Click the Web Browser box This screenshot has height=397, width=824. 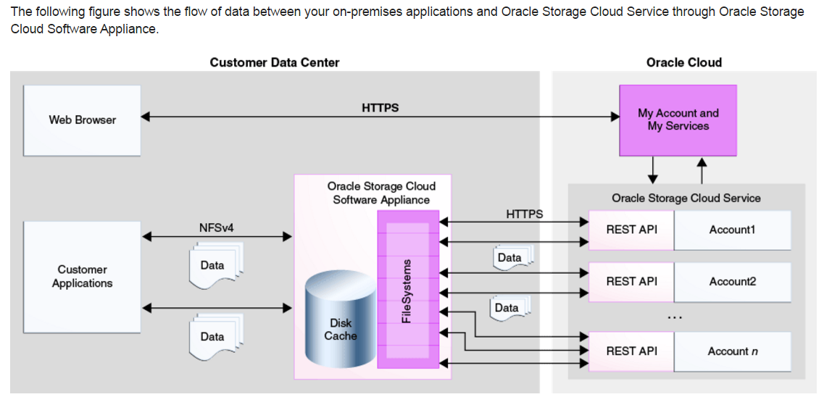coord(82,120)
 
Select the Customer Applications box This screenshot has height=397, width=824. coord(82,276)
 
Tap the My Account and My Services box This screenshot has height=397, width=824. coord(678,120)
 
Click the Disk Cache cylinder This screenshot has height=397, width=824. coord(340,322)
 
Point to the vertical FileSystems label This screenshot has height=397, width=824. coord(407,291)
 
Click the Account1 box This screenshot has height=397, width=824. coord(732,230)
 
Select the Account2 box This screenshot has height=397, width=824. coord(732,281)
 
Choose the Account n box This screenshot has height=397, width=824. coord(732,351)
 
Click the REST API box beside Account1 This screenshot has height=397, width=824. coord(632,230)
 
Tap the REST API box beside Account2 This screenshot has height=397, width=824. coord(632,281)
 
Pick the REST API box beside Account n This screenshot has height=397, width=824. coord(632,351)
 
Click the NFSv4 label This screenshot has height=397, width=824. coord(216,228)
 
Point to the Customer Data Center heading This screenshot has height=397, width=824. coord(274,62)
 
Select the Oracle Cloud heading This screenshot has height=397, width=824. coord(683,62)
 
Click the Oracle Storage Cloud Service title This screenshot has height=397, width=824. coord(686,198)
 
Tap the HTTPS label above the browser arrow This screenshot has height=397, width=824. coord(380,108)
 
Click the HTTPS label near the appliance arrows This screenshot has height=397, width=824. coord(524,214)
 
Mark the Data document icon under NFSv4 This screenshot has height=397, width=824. coord(214,266)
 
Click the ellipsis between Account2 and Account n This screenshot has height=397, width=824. coord(674,317)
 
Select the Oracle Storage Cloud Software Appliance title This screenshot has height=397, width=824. coord(381,193)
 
